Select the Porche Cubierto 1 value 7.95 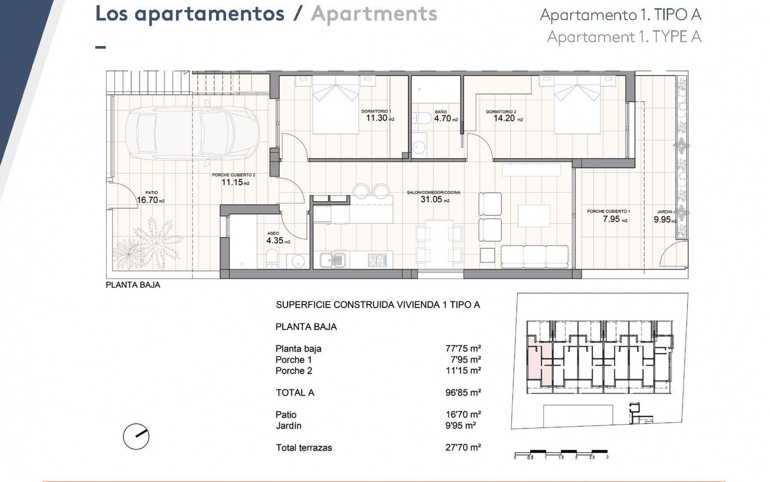[x=611, y=219]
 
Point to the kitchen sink [x=332, y=260]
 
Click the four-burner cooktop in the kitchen [x=377, y=260]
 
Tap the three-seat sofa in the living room [x=535, y=257]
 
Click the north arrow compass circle [x=136, y=437]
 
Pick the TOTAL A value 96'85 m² [x=463, y=392]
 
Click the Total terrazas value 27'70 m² [x=463, y=447]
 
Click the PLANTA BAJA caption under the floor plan [x=133, y=285]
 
